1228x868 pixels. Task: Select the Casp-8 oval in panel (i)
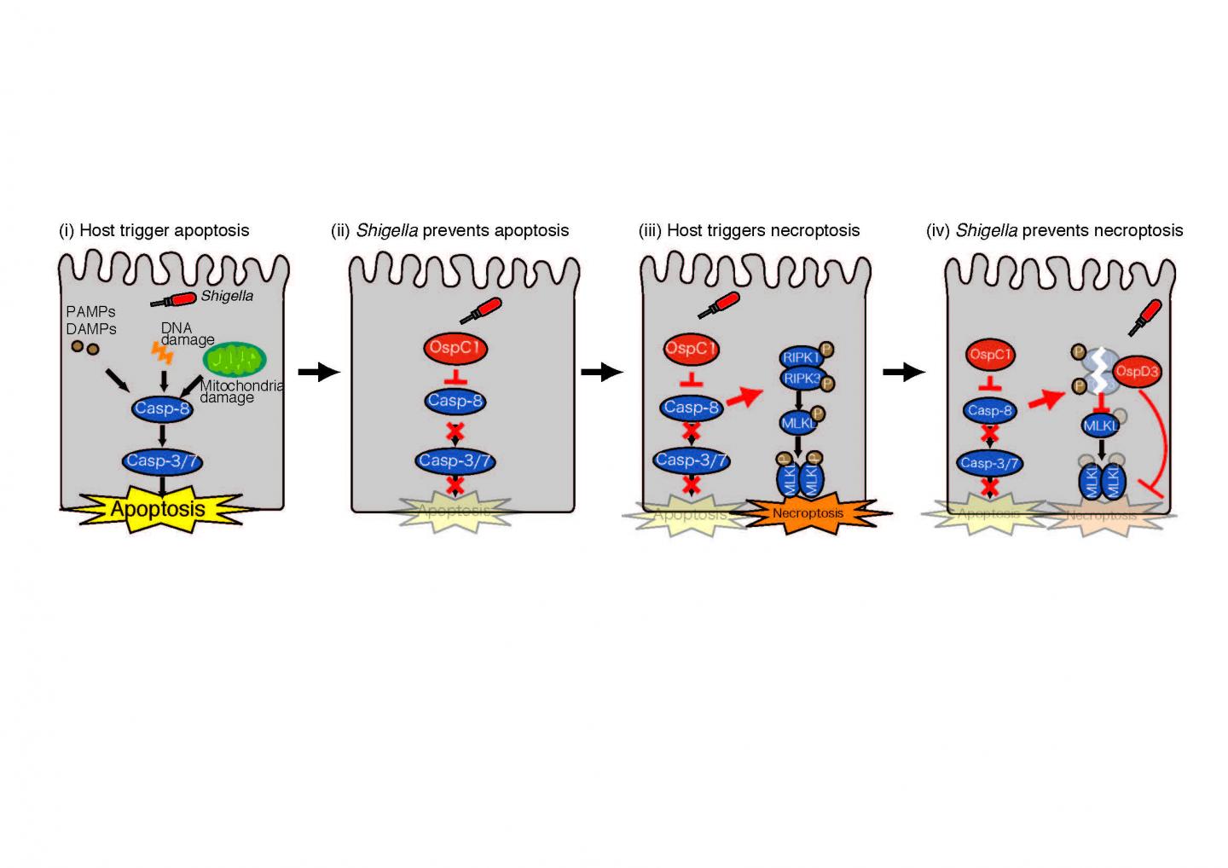[162, 408]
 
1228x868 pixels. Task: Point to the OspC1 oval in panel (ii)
[455, 348]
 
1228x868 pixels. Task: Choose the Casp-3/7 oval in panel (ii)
[455, 460]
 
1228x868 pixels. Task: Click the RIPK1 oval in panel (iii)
[800, 357]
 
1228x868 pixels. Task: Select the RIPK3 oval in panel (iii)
[800, 378]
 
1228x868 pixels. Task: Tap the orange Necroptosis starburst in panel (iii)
[807, 512]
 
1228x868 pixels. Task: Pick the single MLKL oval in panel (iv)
[1099, 424]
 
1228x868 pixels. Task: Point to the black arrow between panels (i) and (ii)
[319, 372]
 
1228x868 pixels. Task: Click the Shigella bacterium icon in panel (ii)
[482, 310]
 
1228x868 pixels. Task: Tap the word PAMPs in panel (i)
[90, 312]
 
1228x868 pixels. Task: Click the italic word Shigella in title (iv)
[986, 230]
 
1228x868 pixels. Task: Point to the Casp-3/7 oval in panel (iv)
[989, 463]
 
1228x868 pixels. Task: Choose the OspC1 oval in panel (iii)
[691, 349]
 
